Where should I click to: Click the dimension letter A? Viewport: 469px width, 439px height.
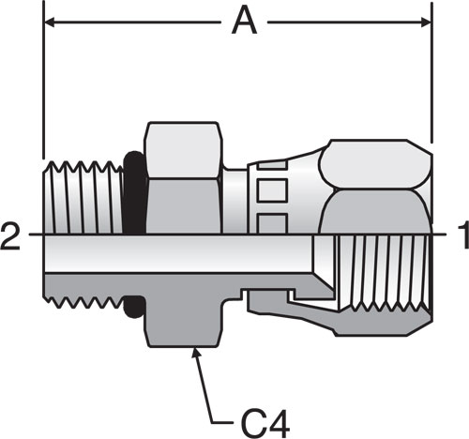pos(244,22)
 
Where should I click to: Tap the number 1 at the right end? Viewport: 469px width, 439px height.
pos(463,235)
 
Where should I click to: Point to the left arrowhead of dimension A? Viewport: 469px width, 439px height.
pos(50,23)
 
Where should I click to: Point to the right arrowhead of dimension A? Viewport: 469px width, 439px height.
pos(426,23)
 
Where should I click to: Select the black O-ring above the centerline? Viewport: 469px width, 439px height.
pos(135,192)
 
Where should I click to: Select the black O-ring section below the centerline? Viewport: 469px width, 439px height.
pos(134,307)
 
